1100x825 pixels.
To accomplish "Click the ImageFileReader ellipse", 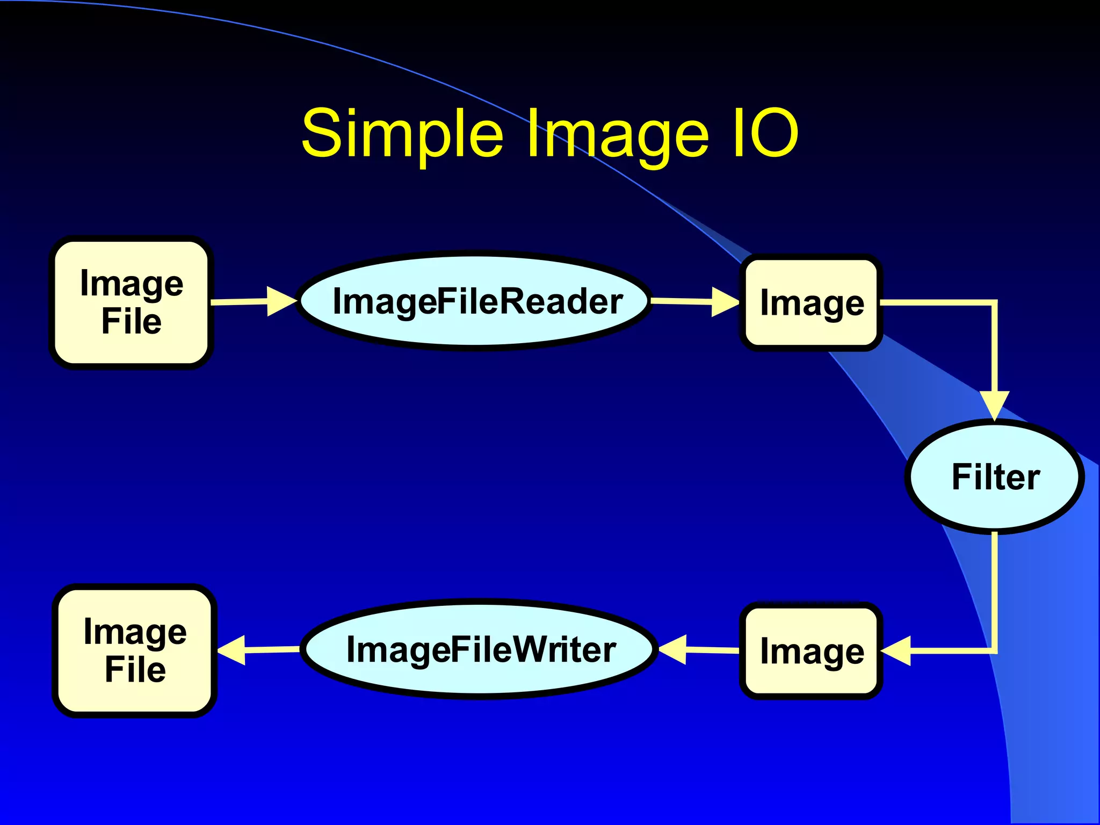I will pos(476,301).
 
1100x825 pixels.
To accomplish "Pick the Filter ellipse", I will pos(995,477).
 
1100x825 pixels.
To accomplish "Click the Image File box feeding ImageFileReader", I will pos(132,302).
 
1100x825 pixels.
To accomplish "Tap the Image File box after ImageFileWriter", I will pos(135,650).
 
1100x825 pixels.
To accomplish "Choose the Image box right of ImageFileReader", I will pos(812,303).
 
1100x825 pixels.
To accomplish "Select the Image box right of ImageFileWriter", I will pos(812,651).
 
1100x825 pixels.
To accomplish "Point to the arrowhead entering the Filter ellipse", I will pos(995,405).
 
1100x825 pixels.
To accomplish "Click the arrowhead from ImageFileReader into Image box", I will pos(725,302).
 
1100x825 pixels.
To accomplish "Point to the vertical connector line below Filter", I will pos(995,591).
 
